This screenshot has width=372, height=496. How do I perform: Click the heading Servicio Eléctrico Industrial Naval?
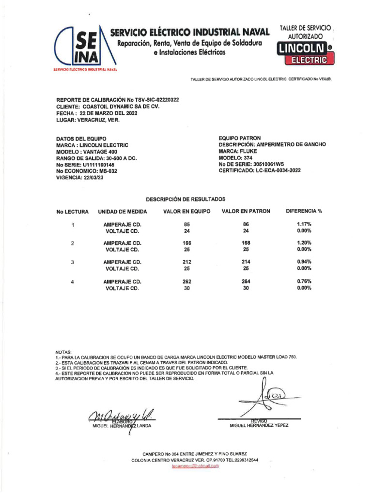click(x=189, y=33)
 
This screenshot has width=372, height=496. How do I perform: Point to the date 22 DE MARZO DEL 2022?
click(x=108, y=113)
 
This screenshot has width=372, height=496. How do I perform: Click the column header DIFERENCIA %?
click(x=304, y=211)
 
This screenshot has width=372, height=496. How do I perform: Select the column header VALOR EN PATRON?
click(x=246, y=211)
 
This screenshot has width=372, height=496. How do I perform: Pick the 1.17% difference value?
click(x=304, y=224)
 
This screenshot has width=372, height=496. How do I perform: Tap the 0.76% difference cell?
click(x=304, y=281)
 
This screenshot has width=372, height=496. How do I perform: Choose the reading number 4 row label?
click(x=72, y=281)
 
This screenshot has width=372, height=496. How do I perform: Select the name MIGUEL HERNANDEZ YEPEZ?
click(x=259, y=426)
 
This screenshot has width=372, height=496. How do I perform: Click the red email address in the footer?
click(x=195, y=466)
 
